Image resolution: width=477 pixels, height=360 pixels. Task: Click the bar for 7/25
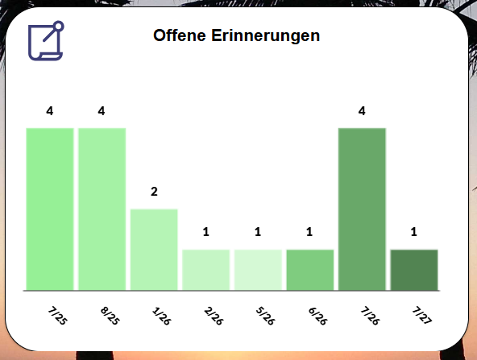click(x=50, y=209)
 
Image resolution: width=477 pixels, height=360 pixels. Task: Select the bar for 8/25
click(x=102, y=209)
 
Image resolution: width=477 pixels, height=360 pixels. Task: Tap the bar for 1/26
click(x=154, y=250)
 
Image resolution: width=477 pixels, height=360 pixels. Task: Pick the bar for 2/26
click(x=206, y=270)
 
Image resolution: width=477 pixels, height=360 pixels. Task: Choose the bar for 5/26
click(x=258, y=270)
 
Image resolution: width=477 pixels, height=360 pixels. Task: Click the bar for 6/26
click(x=310, y=270)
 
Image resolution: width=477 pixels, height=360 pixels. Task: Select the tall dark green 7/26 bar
click(x=362, y=209)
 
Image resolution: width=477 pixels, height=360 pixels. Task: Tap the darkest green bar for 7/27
click(x=414, y=270)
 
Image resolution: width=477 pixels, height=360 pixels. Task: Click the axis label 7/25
click(x=57, y=316)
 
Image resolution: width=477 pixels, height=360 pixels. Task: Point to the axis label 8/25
click(x=110, y=316)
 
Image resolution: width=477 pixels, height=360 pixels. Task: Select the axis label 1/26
click(x=161, y=316)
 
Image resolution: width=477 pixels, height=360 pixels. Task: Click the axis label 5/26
click(x=265, y=316)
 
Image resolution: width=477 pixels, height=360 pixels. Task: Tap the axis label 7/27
click(x=422, y=315)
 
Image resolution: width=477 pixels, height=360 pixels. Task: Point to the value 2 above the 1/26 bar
click(x=154, y=192)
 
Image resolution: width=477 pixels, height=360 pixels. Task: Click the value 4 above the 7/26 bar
click(x=362, y=111)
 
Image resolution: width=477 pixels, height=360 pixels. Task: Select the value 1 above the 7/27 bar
click(x=413, y=232)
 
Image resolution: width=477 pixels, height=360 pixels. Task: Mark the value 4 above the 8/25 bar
click(x=102, y=111)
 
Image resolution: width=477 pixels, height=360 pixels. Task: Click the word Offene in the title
click(x=180, y=35)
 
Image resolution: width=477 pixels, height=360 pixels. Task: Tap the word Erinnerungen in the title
click(x=266, y=36)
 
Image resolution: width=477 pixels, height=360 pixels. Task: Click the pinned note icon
click(x=46, y=41)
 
